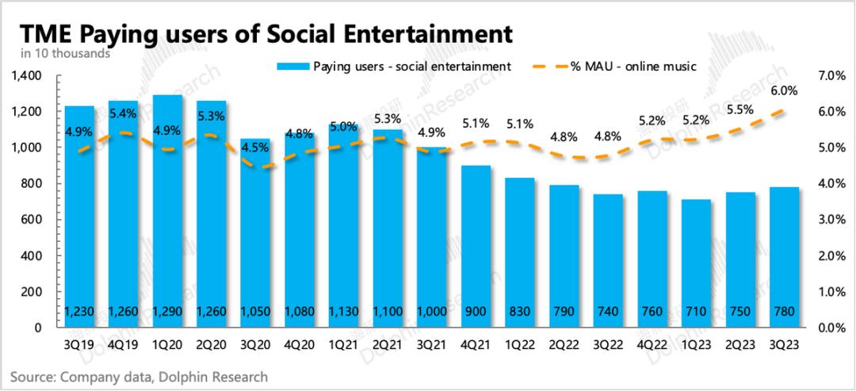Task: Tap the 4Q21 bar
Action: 476,246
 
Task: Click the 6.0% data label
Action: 783,91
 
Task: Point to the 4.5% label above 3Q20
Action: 254,146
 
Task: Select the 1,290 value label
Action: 167,312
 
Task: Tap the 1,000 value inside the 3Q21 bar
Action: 432,312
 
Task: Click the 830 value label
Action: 520,312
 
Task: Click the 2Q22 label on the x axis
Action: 564,344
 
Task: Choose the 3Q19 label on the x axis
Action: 79,344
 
